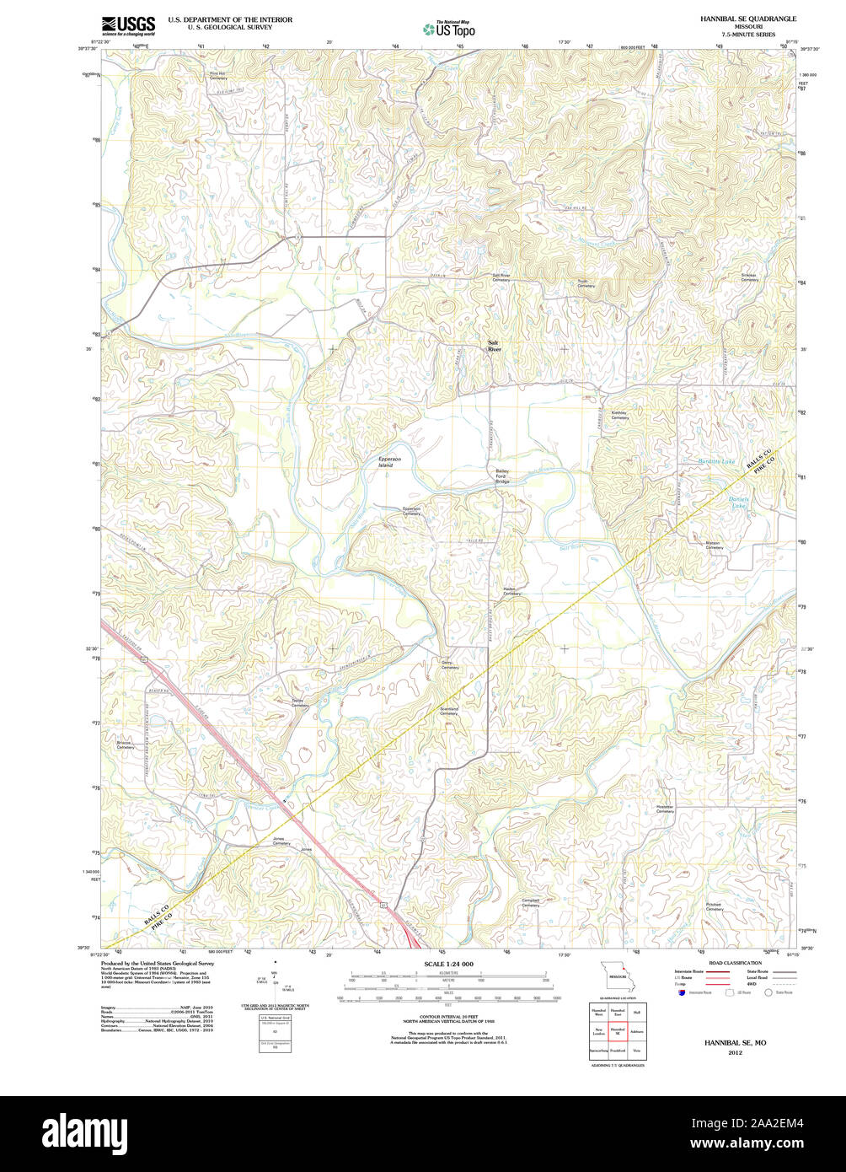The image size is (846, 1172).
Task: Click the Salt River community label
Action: coord(494,345)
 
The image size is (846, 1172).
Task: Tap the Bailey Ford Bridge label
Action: coord(502,477)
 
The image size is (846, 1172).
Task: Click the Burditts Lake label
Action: coord(716,461)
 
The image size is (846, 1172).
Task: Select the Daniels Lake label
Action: coord(739,503)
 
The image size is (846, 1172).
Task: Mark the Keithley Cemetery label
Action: coord(619,415)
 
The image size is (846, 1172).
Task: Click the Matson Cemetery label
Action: coord(715,546)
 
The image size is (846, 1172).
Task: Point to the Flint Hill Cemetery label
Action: coord(218,75)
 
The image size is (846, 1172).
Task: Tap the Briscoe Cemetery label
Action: coord(126,745)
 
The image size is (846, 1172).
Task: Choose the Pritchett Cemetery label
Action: coord(715,906)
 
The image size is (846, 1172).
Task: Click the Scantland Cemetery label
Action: coord(449,711)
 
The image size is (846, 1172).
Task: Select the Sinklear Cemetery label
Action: coord(749,277)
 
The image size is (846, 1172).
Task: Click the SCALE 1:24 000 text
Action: coord(448,964)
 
